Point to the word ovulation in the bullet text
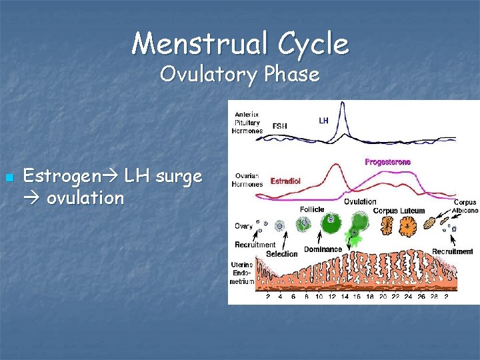pyautogui.click(x=85, y=198)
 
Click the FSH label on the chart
pyautogui.click(x=281, y=125)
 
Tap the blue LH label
pyautogui.click(x=323, y=121)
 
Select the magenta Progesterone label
pyautogui.click(x=387, y=161)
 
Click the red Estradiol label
pyautogui.click(x=285, y=181)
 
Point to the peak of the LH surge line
pyautogui.click(x=342, y=103)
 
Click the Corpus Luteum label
pyautogui.click(x=399, y=211)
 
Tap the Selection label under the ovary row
pyautogui.click(x=282, y=254)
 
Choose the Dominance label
pyautogui.click(x=323, y=249)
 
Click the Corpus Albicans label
pyautogui.click(x=465, y=206)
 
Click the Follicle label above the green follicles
pyautogui.click(x=312, y=209)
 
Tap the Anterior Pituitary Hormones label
pyautogui.click(x=247, y=122)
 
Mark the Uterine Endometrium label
pyautogui.click(x=242, y=272)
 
